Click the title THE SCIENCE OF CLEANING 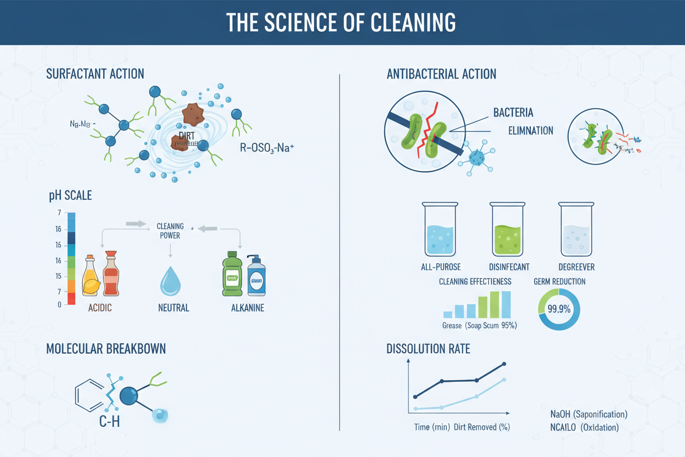point(341,22)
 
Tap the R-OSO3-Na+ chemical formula point(267,147)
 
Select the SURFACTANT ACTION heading point(96,74)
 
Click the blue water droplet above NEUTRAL point(170,282)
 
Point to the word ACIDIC point(100,308)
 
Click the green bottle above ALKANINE point(232,275)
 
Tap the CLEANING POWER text point(170,231)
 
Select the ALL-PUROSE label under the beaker point(440,267)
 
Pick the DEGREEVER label point(576,267)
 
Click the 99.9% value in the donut point(559,309)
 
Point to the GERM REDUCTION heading point(559,282)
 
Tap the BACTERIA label point(513,113)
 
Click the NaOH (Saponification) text point(588,414)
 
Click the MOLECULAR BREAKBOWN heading point(106,349)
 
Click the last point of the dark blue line point(504,364)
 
